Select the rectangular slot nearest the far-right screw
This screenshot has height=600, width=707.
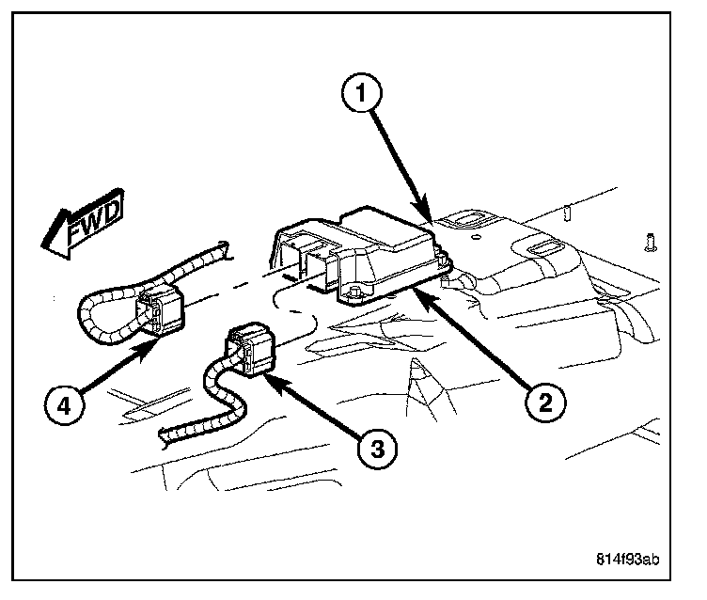pos(545,247)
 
